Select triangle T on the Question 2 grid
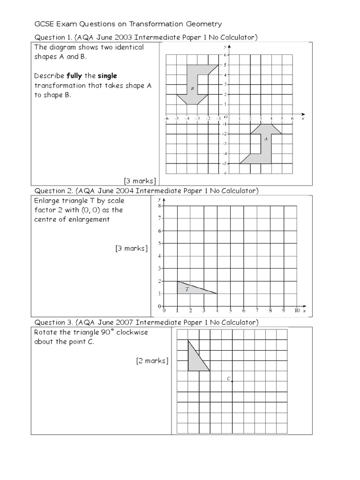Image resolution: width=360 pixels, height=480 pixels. (192, 288)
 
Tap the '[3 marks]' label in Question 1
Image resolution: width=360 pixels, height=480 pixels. (140, 180)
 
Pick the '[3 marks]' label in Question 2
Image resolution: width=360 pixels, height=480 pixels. (131, 248)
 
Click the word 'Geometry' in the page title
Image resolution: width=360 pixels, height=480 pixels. (204, 24)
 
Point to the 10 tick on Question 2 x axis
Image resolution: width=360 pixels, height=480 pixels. (297, 310)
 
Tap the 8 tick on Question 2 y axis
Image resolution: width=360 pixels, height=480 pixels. (160, 205)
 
